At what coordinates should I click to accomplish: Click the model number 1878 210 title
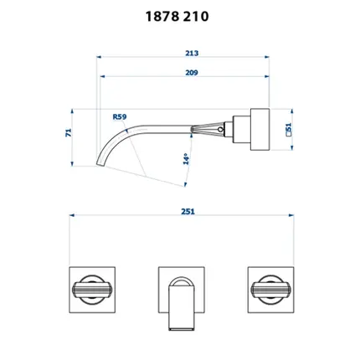pos(177,17)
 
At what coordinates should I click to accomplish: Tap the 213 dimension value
pos(192,53)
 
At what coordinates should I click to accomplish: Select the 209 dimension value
pos(192,73)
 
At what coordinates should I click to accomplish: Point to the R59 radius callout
pos(120,116)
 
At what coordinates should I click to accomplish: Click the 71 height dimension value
pos(69,132)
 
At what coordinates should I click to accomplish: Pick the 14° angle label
pos(186,159)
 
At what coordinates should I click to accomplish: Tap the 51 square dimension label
pos(289,129)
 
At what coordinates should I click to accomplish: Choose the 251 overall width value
pos(188,212)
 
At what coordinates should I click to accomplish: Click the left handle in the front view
pos(92,290)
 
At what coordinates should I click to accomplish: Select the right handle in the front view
pos(270,290)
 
